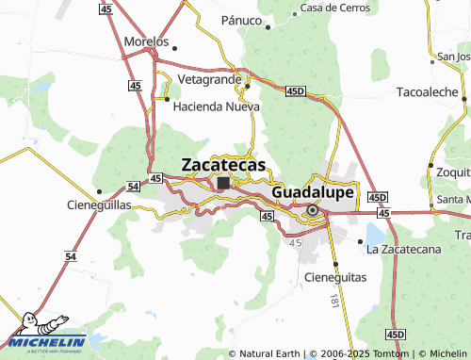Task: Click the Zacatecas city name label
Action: pyautogui.click(x=224, y=161)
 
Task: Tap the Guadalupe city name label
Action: pyautogui.click(x=313, y=191)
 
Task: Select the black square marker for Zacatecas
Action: pyautogui.click(x=223, y=183)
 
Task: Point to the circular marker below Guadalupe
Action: pyautogui.click(x=312, y=210)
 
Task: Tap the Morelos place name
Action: pyautogui.click(x=146, y=42)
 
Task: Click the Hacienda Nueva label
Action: pyautogui.click(x=216, y=106)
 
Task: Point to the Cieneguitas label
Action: pyautogui.click(x=336, y=277)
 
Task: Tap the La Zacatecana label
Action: pyautogui.click(x=405, y=249)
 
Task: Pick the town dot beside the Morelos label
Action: pyautogui.click(x=174, y=44)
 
